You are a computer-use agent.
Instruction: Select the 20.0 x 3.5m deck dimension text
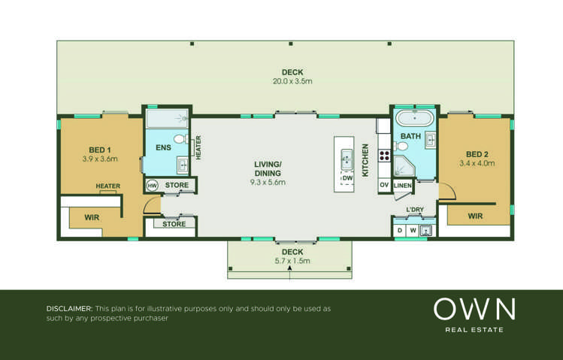(292, 80)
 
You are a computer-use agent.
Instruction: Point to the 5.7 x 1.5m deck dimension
(292, 261)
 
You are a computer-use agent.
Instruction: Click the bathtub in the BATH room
(414, 119)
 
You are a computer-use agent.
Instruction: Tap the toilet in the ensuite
(180, 139)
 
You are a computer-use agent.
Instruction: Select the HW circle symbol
(152, 185)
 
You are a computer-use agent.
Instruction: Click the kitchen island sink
(347, 159)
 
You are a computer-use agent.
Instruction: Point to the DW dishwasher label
(347, 178)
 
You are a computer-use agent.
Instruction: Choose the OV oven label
(383, 185)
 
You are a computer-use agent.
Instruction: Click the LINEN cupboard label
(402, 185)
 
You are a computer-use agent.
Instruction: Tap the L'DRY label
(415, 209)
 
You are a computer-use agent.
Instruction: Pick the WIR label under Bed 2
(475, 216)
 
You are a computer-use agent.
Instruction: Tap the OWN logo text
(474, 309)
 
